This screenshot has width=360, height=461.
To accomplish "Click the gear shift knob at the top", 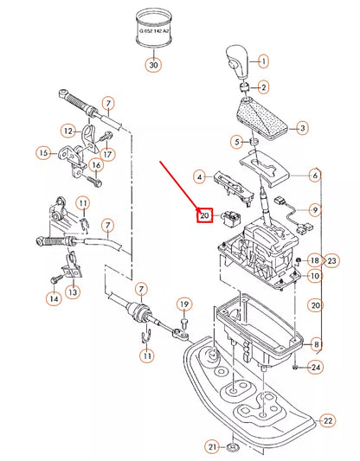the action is [238, 62].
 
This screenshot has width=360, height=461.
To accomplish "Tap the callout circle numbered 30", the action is [153, 65].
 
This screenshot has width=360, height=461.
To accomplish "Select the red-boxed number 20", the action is [205, 215].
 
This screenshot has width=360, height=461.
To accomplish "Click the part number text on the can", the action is [154, 31].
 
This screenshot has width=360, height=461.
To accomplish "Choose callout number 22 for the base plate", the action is [328, 420].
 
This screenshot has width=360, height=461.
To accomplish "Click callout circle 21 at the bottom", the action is [212, 447].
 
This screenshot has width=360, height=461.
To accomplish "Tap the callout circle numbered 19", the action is [184, 304].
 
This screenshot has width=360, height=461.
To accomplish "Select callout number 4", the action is [200, 177].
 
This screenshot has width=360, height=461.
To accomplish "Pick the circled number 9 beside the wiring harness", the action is [315, 210].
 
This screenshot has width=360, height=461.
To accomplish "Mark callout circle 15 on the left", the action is [43, 153].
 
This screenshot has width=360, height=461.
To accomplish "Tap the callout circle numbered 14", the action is [54, 299].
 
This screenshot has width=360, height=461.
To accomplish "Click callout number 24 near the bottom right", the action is [316, 368].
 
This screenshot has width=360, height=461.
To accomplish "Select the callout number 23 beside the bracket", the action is [331, 260].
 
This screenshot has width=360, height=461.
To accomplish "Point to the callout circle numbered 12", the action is [68, 131].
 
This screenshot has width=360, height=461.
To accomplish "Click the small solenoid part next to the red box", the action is [230, 218].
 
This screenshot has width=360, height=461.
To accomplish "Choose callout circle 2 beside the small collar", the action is [264, 87].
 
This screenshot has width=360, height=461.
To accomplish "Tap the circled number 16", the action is [96, 165].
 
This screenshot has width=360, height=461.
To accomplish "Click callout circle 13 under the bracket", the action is [73, 292].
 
